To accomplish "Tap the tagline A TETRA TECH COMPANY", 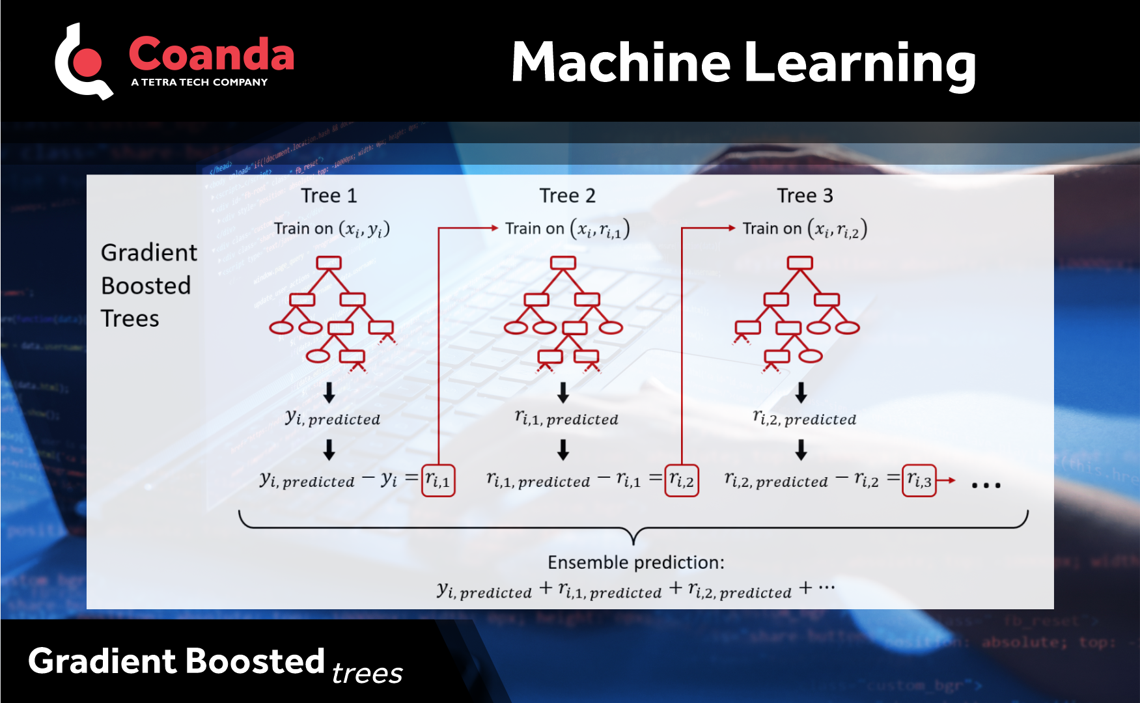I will pyautogui.click(x=199, y=82).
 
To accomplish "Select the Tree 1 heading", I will pyautogui.click(x=329, y=195).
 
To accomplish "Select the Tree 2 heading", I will pyautogui.click(x=567, y=195).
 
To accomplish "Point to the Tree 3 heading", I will pyautogui.click(x=805, y=195).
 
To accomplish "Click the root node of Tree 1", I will pyautogui.click(x=329, y=262).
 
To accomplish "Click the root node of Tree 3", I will pyautogui.click(x=799, y=262).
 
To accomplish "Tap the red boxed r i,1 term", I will pyautogui.click(x=438, y=480).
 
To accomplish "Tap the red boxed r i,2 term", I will pyautogui.click(x=682, y=480).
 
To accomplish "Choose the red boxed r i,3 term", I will pyautogui.click(x=919, y=480).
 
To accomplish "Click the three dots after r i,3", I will pyautogui.click(x=986, y=485).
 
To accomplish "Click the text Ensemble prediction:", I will pyautogui.click(x=635, y=562).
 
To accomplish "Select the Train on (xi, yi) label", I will pyautogui.click(x=331, y=228).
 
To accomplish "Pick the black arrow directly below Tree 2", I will pyautogui.click(x=563, y=393).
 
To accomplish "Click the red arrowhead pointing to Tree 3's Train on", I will pyautogui.click(x=731, y=228).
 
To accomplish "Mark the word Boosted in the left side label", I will pyautogui.click(x=146, y=285).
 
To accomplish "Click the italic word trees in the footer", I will pyautogui.click(x=367, y=673).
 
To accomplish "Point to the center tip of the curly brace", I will pyautogui.click(x=634, y=542).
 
